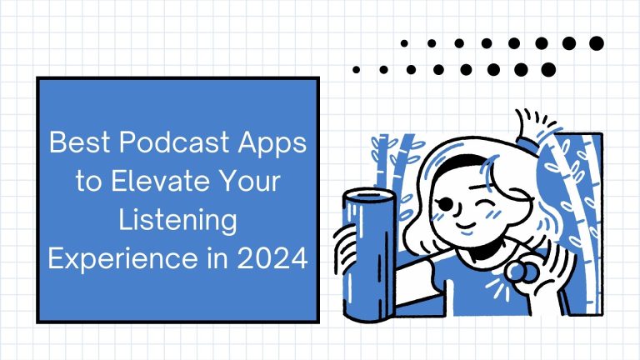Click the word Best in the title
(x=80, y=142)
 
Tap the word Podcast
(x=174, y=142)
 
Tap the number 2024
(x=272, y=259)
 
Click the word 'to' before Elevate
(x=88, y=182)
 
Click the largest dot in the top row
(x=597, y=43)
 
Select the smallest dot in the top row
(x=404, y=43)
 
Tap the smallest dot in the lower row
(x=356, y=70)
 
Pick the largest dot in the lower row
(x=548, y=70)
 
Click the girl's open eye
(x=446, y=203)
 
